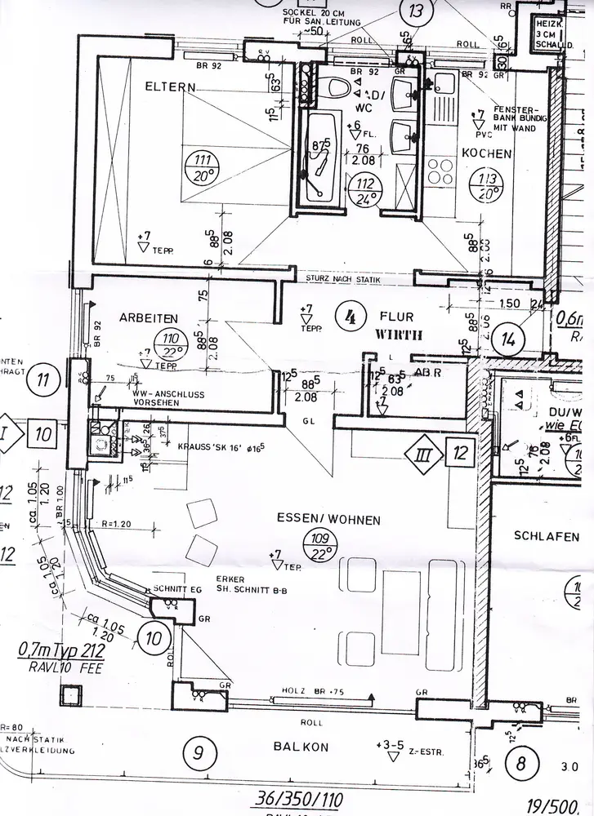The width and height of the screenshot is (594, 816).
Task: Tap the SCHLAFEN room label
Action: [x=547, y=536]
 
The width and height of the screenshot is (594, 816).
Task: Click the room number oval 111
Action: [x=196, y=167]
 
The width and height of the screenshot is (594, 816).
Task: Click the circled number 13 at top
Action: [x=416, y=11]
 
